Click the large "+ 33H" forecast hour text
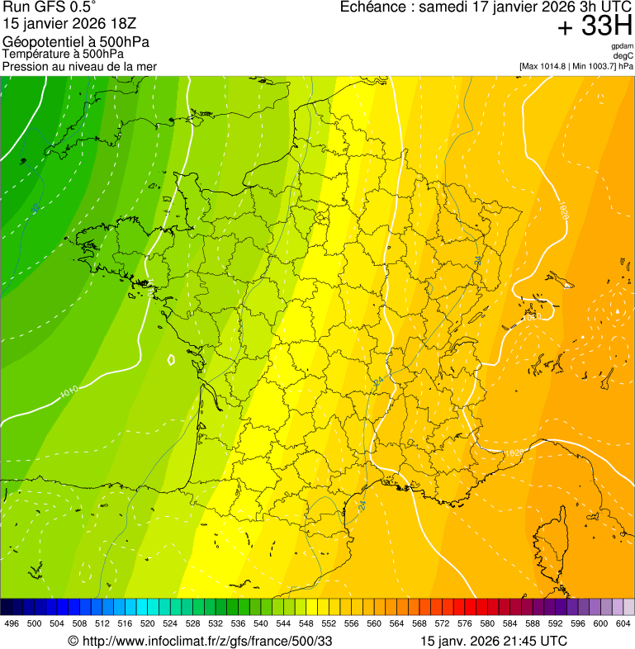click(595, 27)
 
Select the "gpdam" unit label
click(623, 46)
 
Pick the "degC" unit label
click(623, 56)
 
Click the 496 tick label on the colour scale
click(12, 624)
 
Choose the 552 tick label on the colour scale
click(328, 624)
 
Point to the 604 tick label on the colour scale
click(623, 624)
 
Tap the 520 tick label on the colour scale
click(148, 624)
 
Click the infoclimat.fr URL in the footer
click(206, 641)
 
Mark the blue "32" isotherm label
click(36, 209)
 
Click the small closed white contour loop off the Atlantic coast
click(171, 359)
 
